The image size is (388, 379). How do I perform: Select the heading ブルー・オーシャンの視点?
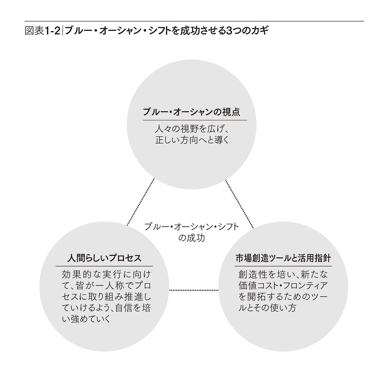[191, 112]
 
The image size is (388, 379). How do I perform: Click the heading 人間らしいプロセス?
[104, 258]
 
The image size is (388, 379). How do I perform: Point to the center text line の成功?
[191, 237]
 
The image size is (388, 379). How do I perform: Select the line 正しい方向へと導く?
[192, 140]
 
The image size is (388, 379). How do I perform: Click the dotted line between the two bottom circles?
[194, 290]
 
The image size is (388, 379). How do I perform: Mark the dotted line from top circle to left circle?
[141, 202]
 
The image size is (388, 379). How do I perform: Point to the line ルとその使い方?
[267, 308]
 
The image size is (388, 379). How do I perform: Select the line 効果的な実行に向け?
[106, 274]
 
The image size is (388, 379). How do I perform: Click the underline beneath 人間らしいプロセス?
[104, 266]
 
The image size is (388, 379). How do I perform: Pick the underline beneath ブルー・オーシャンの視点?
[195, 120]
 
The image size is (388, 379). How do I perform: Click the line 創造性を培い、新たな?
[283, 274]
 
